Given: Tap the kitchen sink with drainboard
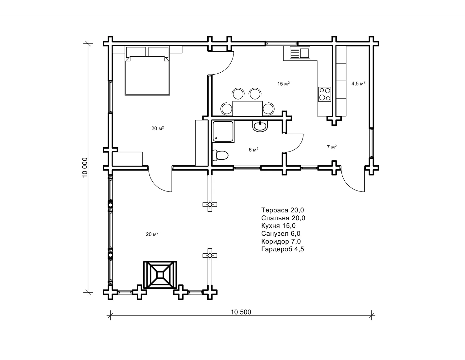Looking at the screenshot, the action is point(300,53).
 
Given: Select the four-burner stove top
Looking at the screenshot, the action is point(324,94).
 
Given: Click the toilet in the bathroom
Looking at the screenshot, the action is point(220,155).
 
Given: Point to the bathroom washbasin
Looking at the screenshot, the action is point(260,126).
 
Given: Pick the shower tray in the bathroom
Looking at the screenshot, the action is point(223,132).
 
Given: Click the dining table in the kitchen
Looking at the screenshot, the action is point(247,109).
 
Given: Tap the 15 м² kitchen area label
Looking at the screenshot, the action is point(284,83).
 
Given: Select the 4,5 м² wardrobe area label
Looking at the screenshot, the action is point(358,83).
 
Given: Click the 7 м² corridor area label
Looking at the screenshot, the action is point(332,147).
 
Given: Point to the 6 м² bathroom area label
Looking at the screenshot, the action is point(253,150).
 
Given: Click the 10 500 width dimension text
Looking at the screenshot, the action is point(241,312).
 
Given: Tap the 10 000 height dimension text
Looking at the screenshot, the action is point(85,168).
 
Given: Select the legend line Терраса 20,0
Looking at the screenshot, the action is point(283,210).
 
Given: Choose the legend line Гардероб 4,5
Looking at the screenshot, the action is point(283,249).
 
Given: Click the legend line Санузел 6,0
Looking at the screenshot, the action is point(281,233).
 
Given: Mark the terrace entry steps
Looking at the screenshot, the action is point(160,275).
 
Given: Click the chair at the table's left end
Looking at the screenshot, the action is point(226,109).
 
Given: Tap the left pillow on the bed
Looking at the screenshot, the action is point(136,52).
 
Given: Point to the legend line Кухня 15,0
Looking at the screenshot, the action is point(278,225).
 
